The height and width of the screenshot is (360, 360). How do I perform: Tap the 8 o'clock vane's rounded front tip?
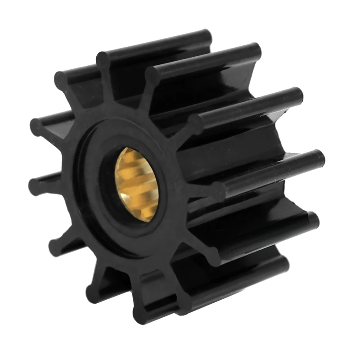tap(56, 245)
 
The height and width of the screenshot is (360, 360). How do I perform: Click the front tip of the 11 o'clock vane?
tap(61, 80)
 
